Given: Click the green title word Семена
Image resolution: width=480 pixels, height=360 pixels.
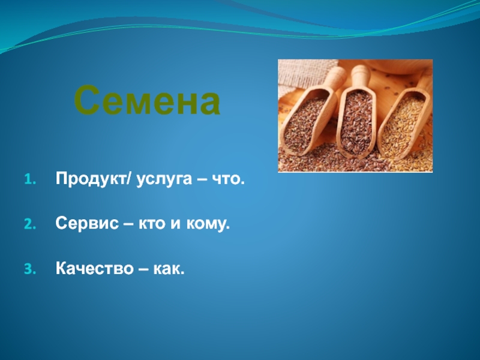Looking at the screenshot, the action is tap(147, 100).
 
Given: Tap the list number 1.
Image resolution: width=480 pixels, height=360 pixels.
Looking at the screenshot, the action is tap(30, 179).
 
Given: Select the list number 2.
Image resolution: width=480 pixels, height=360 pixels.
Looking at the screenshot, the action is tap(30, 224).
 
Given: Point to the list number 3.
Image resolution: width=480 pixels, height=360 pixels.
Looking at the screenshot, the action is tap(30, 269).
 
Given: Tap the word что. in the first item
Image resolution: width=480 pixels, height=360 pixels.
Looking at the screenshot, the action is tap(229, 179).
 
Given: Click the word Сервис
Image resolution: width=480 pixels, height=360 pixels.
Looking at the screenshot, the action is tap(87, 223).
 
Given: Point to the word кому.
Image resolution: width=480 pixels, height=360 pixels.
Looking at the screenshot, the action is tap(208, 224).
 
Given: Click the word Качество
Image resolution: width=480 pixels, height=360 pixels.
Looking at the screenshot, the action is tap(94, 268).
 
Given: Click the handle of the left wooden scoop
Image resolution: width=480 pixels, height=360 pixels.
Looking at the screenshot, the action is tap(336, 77).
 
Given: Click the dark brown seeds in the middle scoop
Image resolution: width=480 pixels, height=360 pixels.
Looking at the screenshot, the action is tap(357, 122).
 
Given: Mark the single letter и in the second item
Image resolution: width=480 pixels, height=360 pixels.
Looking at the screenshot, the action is tap(175, 224).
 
